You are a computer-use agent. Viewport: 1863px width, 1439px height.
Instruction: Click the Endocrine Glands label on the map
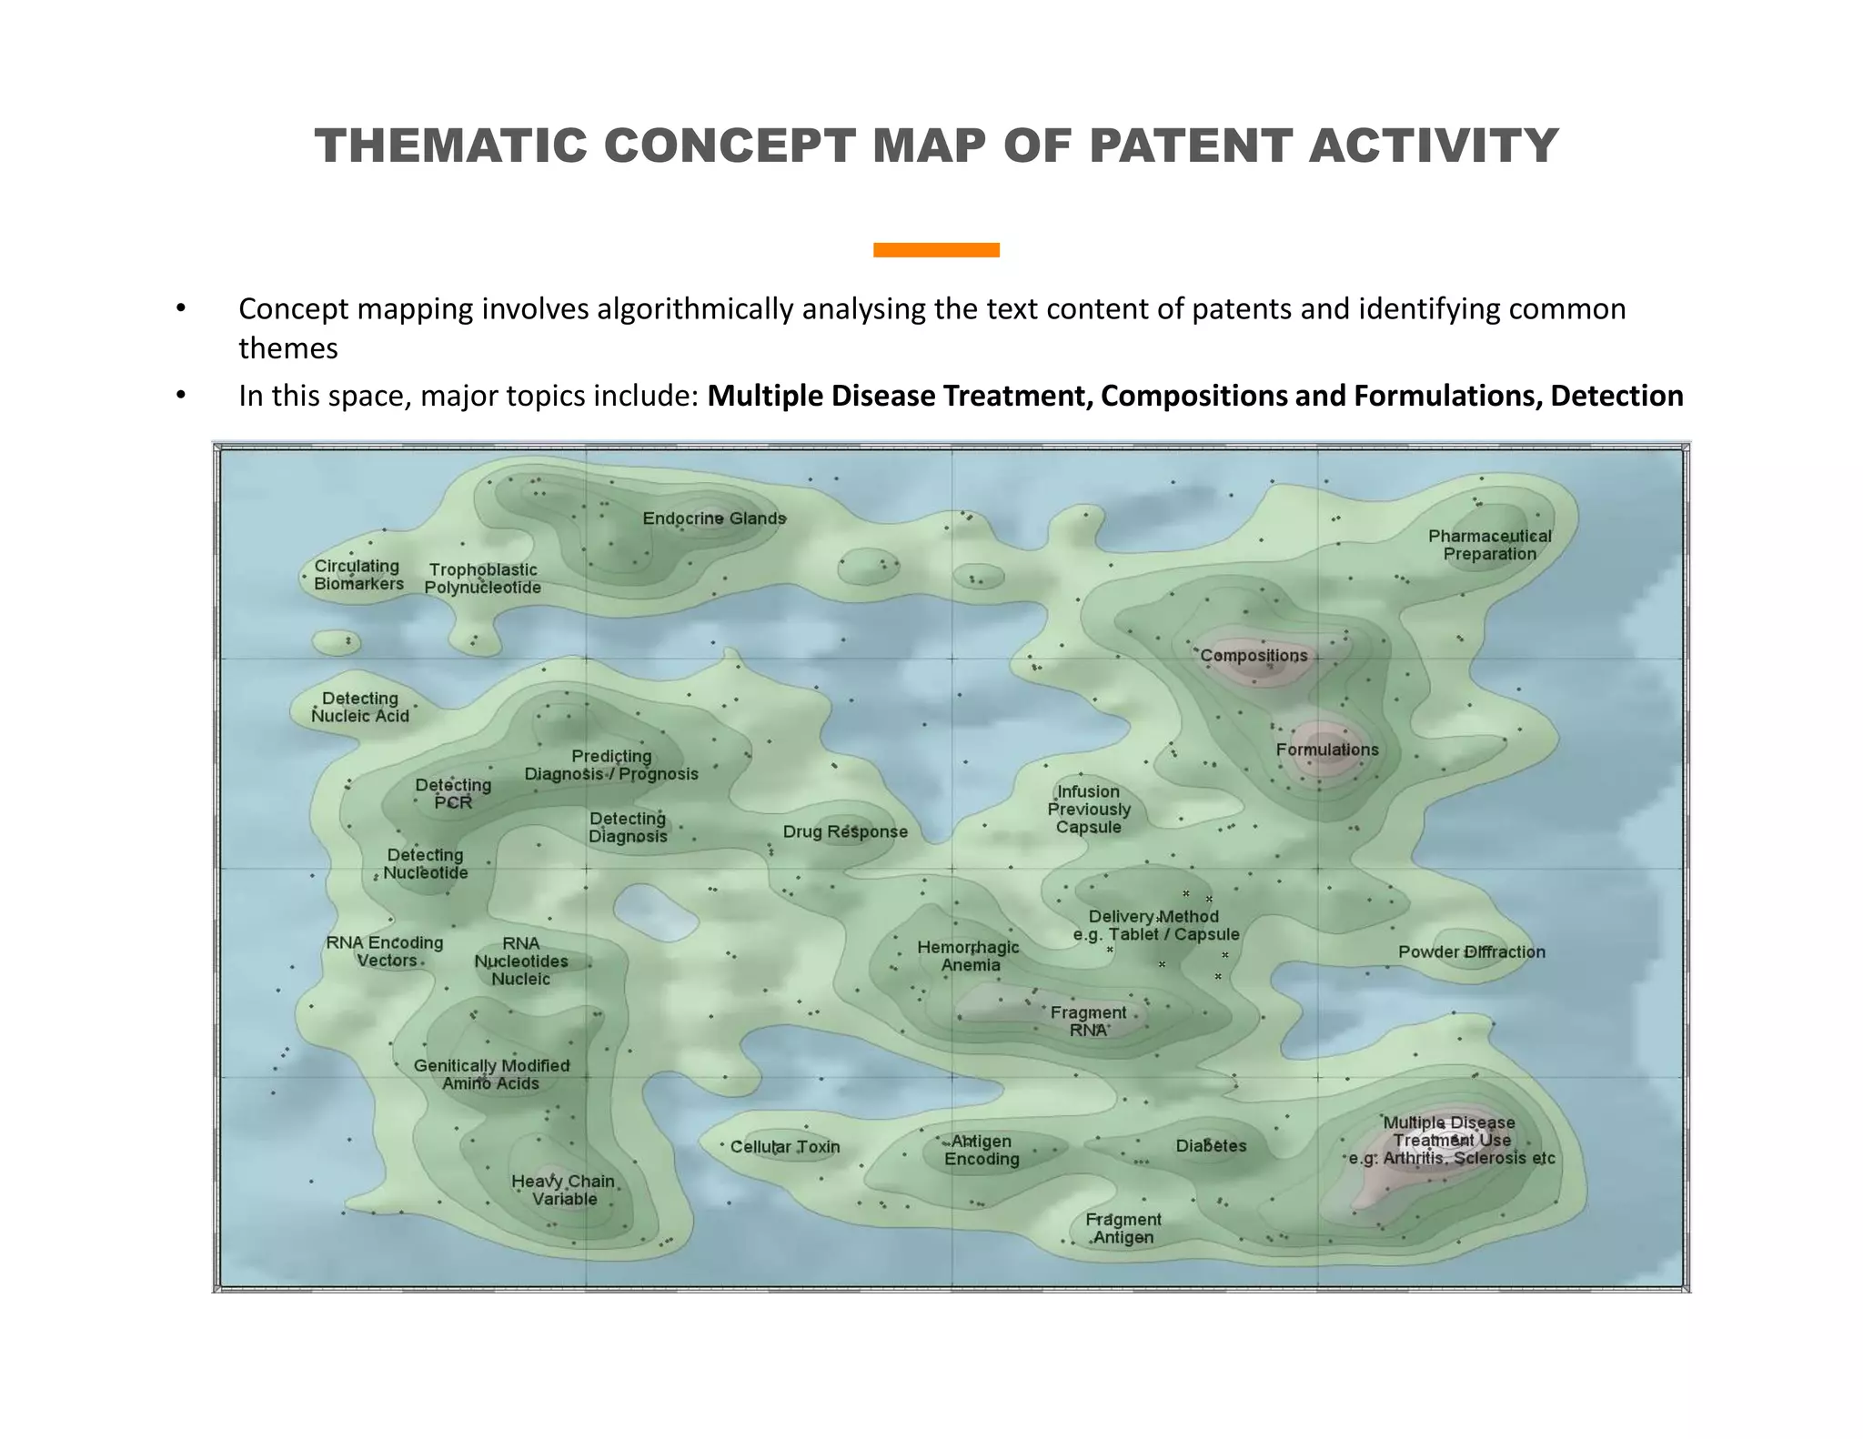pos(714,518)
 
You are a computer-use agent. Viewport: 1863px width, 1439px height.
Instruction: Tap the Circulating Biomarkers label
pos(358,575)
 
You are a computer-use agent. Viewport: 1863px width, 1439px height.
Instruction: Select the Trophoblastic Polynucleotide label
pos(482,579)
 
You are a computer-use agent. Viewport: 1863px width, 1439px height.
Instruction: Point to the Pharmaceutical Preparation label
pos(1489,545)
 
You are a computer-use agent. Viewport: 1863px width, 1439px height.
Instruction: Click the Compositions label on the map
pos(1254,656)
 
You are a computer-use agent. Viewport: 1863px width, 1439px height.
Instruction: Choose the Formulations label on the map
pos(1326,750)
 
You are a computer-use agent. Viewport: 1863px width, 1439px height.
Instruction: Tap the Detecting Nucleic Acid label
pos(360,707)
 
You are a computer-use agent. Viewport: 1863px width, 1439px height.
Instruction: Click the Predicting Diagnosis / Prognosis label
pos(611,765)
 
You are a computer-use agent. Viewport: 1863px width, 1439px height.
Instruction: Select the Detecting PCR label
pos(453,793)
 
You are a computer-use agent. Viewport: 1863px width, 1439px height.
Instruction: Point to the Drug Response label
pos(845,831)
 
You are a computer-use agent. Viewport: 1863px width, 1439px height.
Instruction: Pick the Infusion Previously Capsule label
pos(1089,809)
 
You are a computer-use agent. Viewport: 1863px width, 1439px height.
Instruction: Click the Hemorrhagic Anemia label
pos(969,956)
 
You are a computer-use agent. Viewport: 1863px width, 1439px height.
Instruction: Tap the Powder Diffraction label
pos(1471,952)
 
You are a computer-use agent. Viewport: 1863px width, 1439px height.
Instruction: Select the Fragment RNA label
pos(1088,1021)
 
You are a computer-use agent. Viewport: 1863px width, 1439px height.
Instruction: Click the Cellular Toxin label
pos(785,1147)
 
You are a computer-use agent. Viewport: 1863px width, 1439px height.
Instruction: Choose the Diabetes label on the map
pos(1211,1146)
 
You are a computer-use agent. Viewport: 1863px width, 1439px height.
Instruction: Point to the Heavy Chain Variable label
pos(563,1190)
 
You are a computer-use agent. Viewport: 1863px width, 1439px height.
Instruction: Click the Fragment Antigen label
pos(1123,1228)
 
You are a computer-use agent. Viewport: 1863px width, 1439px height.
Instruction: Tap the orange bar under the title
pos(936,250)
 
